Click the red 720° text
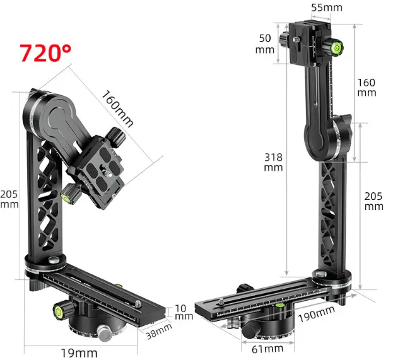click(x=45, y=52)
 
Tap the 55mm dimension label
click(x=327, y=8)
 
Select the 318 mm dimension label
click(x=273, y=162)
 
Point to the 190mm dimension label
click(x=316, y=314)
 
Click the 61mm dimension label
click(x=267, y=349)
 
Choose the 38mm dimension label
click(x=159, y=331)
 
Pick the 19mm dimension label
click(x=79, y=353)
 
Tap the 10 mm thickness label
click(x=184, y=312)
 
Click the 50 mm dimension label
click(x=265, y=44)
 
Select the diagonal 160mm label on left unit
click(x=117, y=108)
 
